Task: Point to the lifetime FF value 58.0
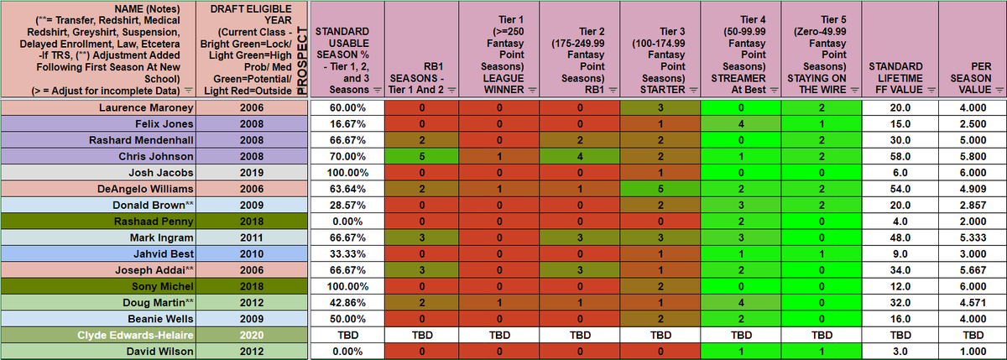click(x=895, y=156)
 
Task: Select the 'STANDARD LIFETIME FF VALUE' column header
click(x=895, y=77)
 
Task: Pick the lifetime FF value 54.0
click(x=895, y=189)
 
